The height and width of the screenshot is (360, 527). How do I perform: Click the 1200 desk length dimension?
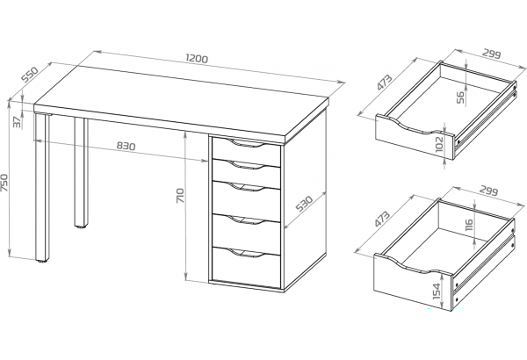coord(197,59)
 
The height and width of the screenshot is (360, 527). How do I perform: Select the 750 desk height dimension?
coord(4,183)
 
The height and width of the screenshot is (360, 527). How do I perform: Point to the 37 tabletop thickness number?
coord(18,122)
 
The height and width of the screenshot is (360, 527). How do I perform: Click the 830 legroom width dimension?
coord(126,146)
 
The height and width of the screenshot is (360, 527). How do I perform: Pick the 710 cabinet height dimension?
coord(180,195)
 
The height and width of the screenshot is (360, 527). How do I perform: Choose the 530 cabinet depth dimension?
coord(305,204)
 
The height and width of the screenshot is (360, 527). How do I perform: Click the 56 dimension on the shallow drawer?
coord(461,97)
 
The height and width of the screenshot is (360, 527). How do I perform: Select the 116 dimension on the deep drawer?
coord(469,225)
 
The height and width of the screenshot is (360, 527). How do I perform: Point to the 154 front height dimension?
coord(437,291)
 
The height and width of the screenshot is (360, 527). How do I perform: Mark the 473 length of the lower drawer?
coord(381,220)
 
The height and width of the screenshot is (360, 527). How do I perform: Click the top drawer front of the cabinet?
coord(246,152)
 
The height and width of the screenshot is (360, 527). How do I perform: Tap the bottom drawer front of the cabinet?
coord(246,268)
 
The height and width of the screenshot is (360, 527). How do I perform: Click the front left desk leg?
coord(42,187)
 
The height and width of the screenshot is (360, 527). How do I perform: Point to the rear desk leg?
coord(81,172)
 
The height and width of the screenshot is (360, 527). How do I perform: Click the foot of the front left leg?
coord(42,261)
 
